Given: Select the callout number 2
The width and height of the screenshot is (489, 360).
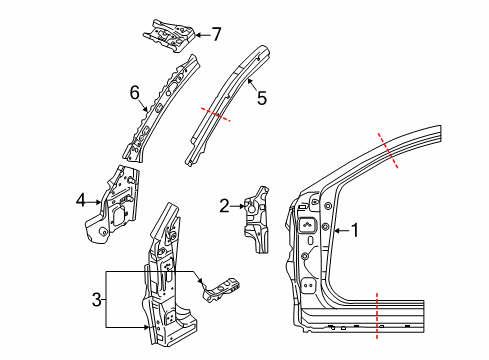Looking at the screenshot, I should click(x=225, y=207).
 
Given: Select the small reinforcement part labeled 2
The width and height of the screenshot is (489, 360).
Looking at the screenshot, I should click(x=260, y=217).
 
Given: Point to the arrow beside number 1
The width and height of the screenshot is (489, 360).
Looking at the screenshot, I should click(x=336, y=232).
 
